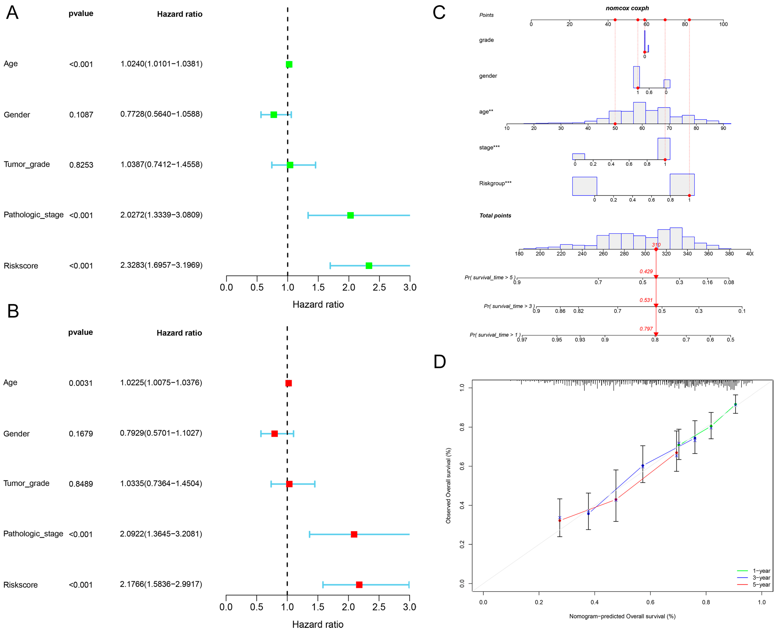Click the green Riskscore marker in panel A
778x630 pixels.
(369, 266)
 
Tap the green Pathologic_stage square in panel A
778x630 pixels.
(350, 215)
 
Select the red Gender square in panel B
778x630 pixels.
(275, 434)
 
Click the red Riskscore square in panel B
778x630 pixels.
(359, 585)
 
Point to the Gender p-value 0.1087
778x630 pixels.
(81, 115)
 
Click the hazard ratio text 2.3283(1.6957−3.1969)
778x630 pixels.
(161, 265)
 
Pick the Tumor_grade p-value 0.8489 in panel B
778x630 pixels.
(81, 484)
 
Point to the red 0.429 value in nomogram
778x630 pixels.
(646, 271)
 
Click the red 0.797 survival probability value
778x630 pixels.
(646, 329)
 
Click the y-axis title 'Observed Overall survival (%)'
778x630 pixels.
(448, 486)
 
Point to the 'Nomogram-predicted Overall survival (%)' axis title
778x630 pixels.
(622, 616)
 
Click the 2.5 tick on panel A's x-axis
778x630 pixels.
(379, 287)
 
